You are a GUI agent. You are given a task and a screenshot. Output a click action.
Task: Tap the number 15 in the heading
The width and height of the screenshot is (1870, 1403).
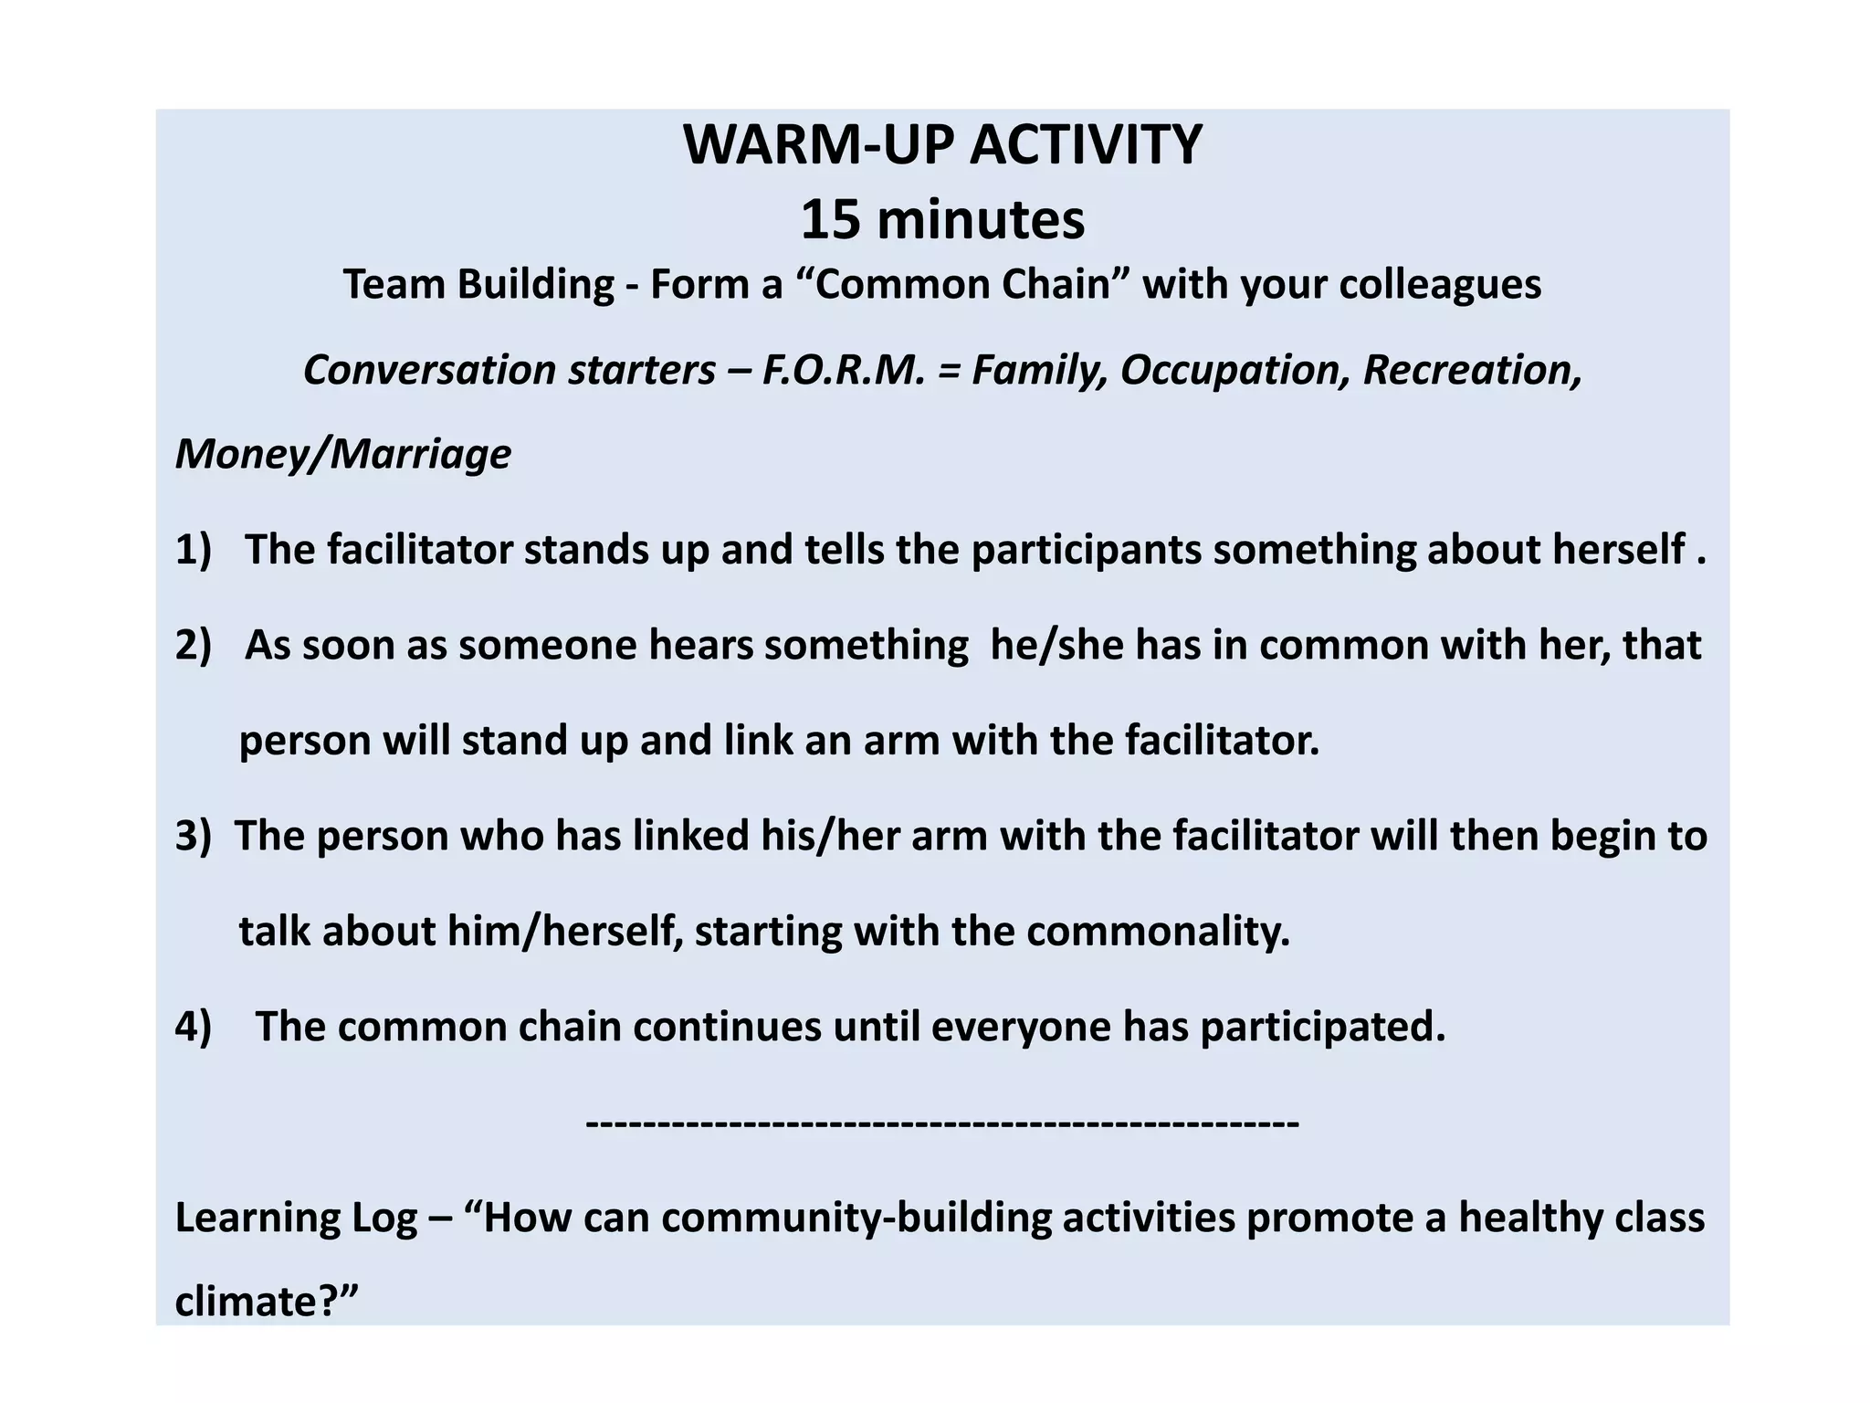point(830,220)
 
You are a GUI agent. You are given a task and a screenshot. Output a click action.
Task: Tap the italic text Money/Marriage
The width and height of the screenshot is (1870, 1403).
point(343,455)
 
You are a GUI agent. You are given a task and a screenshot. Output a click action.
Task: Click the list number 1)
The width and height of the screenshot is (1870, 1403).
point(194,550)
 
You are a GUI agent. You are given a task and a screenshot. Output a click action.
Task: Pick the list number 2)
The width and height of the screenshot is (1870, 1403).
point(194,645)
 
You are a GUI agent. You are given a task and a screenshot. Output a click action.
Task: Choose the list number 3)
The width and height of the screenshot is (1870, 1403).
point(194,836)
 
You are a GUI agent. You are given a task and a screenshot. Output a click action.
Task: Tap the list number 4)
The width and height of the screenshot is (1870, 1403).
point(194,1027)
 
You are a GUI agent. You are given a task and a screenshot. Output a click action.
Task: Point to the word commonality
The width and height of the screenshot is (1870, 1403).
point(1158,932)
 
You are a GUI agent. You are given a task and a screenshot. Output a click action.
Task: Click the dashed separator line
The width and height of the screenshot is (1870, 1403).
point(942,1121)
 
